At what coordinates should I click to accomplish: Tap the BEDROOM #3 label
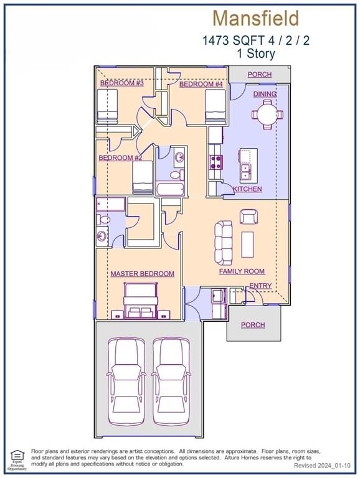pos(122,83)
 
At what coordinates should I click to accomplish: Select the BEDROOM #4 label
pos(201,84)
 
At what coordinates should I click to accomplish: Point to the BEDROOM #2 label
pos(120,158)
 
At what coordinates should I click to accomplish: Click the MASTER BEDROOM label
pos(142,274)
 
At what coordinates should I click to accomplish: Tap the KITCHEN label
pos(247,189)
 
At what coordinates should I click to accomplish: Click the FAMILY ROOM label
pos(242,271)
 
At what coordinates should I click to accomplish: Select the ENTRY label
pos(260,286)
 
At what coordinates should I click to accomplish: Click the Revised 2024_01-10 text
pos(323,466)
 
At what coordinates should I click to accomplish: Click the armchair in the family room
pos(249,217)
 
